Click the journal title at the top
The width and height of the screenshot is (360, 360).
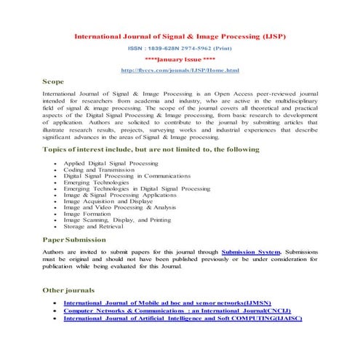click(180, 34)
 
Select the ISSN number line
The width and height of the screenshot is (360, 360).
click(180, 47)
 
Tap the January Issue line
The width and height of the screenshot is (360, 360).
click(180, 57)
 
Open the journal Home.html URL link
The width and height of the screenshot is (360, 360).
click(180, 70)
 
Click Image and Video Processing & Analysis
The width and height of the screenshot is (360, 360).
click(120, 208)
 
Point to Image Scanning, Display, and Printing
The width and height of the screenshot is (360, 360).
click(117, 220)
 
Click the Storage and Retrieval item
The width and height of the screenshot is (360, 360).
click(94, 226)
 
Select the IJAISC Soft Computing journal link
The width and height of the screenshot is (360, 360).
click(182, 318)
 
